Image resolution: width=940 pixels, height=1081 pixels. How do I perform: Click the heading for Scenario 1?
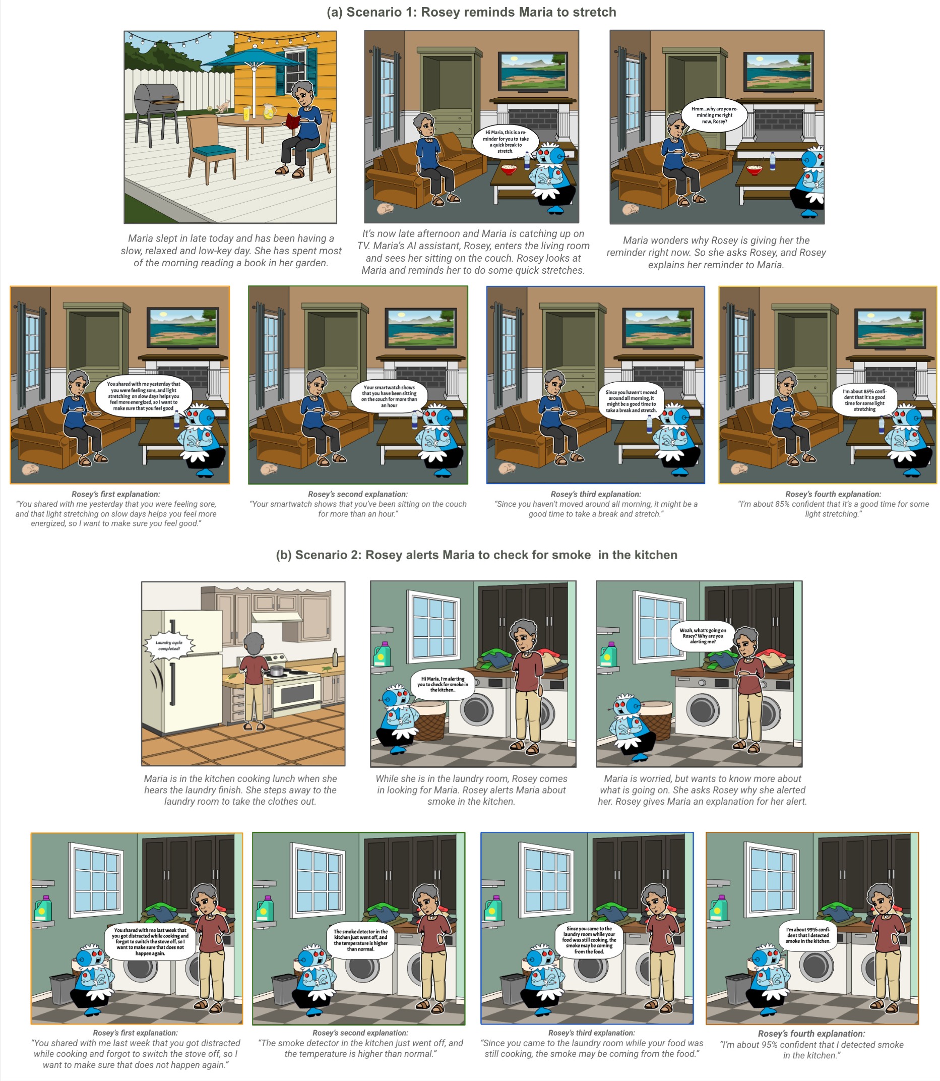point(471,12)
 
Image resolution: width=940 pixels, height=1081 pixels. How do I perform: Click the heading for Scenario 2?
point(476,555)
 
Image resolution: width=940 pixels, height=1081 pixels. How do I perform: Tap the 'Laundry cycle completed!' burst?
point(169,645)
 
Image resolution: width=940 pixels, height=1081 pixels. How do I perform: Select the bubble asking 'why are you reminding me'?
point(714,115)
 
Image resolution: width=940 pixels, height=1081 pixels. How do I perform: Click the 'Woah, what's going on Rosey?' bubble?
point(703,635)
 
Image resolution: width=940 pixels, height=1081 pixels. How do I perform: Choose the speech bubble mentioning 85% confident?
point(864,400)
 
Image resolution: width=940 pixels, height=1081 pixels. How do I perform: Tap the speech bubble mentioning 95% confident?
point(807,935)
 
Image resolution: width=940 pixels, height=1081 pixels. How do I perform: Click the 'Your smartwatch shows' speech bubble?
point(389,396)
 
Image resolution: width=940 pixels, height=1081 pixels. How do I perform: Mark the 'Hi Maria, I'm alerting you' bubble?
point(443,684)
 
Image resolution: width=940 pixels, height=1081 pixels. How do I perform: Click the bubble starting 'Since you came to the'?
point(589,940)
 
